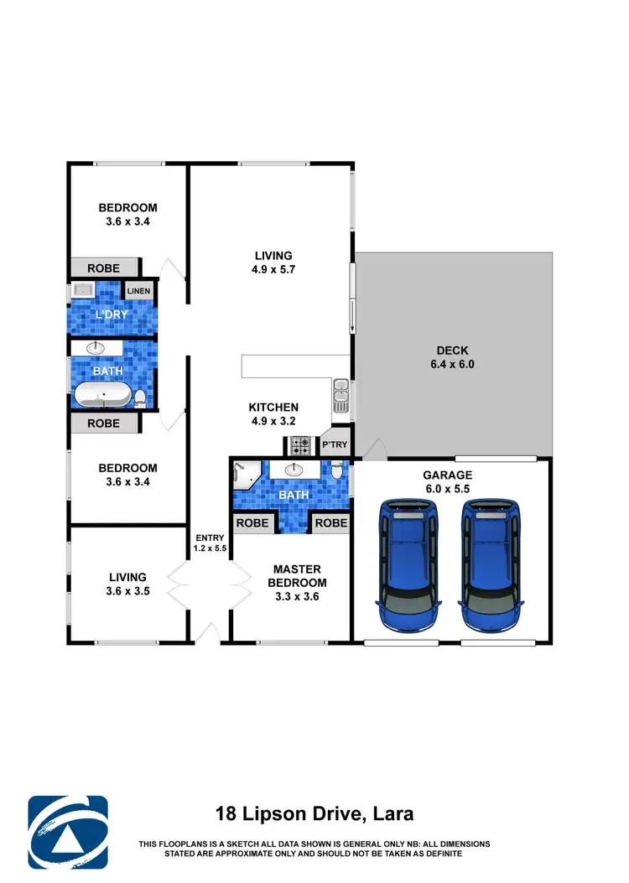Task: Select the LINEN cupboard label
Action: (x=139, y=291)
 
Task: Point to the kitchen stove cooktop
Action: (x=300, y=445)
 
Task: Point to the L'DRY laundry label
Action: (x=111, y=314)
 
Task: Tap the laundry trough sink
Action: (x=83, y=290)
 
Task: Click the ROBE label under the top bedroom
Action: (x=104, y=268)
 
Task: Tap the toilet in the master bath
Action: (x=336, y=472)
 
